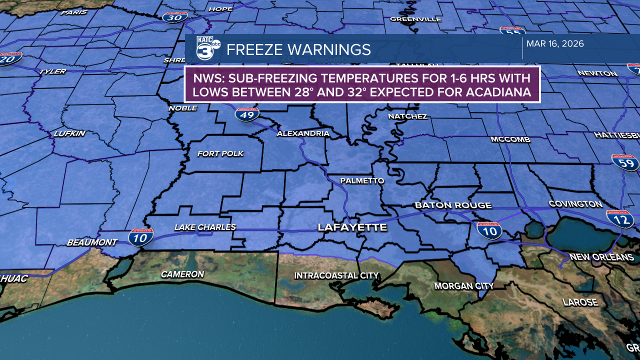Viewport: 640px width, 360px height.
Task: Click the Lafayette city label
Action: point(352,227)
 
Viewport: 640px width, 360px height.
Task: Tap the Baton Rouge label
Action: point(453,205)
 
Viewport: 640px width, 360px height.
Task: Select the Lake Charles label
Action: point(205,227)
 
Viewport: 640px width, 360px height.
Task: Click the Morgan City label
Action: point(464,286)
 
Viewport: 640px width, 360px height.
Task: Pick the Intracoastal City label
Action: point(336,275)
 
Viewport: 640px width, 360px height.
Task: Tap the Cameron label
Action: point(182,274)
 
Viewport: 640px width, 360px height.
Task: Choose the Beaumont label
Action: point(92,242)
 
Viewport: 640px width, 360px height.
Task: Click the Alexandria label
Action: point(303,133)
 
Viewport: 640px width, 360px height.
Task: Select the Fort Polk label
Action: point(220,153)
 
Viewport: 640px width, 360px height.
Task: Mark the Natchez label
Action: point(408,116)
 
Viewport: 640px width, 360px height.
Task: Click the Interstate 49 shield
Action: point(247,114)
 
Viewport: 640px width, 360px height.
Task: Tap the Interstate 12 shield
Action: point(620,219)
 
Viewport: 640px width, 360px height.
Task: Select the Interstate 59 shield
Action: point(625,162)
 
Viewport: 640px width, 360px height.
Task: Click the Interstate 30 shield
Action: point(175,17)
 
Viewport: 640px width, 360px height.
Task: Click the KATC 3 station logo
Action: point(207,49)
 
